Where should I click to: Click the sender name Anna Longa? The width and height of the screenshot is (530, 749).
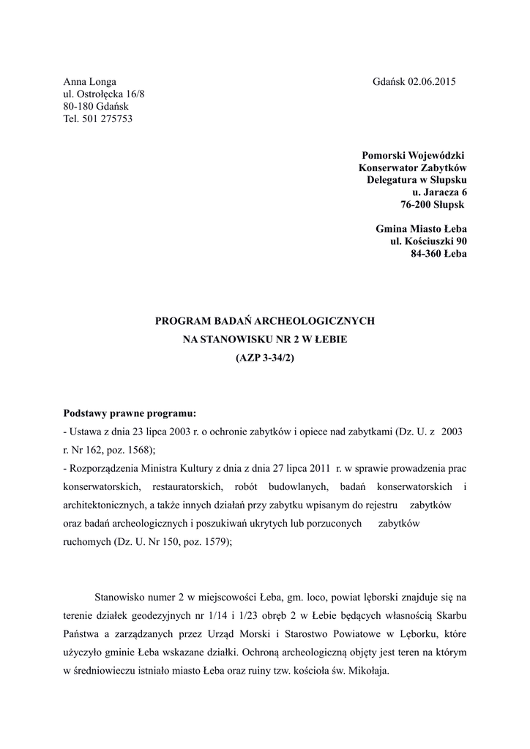[90, 82]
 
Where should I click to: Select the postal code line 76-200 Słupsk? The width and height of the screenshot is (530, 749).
[432, 204]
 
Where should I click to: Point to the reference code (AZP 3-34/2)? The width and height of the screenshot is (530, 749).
[265, 358]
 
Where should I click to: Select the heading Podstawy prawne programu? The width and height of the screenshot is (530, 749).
[130, 413]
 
